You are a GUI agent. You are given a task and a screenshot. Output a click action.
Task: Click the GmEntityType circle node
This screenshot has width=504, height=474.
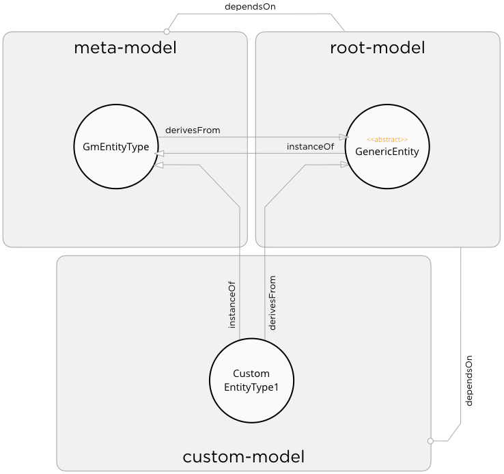tap(116, 145)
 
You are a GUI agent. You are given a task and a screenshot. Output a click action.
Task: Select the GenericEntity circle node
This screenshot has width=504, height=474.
tap(387, 149)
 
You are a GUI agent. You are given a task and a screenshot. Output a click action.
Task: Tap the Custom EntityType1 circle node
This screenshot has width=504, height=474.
tap(251, 380)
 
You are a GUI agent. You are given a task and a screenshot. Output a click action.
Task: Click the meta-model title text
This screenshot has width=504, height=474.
tap(125, 48)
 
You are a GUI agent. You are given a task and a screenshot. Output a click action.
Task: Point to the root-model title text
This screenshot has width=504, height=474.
tap(377, 48)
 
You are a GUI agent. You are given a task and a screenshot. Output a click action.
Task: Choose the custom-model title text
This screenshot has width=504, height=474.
tap(243, 456)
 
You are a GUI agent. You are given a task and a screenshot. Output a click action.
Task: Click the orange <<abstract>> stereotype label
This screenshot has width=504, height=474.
tap(387, 139)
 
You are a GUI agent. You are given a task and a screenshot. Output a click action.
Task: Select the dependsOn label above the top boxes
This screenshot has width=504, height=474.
tap(250, 6)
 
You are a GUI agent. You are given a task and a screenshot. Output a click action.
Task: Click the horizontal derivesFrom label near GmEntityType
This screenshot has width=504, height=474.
tap(193, 130)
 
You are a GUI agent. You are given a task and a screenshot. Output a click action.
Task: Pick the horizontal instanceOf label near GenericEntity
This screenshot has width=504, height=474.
tap(310, 146)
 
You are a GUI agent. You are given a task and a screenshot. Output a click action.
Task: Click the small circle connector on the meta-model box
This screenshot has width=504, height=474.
tap(167, 31)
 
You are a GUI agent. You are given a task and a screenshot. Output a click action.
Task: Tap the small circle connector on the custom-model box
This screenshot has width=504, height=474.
tap(430, 441)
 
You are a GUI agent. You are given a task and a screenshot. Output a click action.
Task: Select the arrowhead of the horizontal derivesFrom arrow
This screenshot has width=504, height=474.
tap(344, 137)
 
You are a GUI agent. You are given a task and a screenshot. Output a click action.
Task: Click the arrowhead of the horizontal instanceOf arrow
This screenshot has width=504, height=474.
tap(160, 154)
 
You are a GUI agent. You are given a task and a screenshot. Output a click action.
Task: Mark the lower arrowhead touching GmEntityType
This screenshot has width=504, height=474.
tap(158, 165)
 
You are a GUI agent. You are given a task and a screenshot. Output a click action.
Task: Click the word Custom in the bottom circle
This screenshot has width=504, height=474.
tap(251, 374)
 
